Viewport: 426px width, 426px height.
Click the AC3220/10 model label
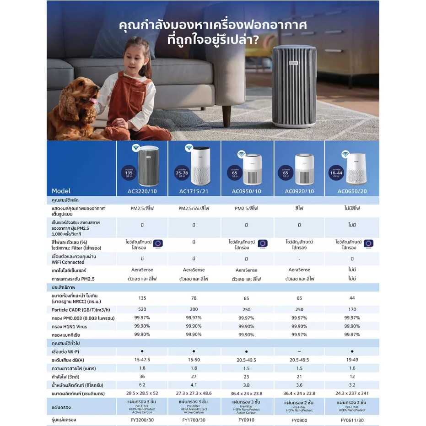[x=141, y=191]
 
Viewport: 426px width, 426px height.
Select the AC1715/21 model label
[x=194, y=191]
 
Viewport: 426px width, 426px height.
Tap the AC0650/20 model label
[x=352, y=191]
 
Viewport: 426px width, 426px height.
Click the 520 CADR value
[x=142, y=309]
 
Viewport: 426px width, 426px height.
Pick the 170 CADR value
[x=352, y=309]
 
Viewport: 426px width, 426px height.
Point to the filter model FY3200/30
[x=142, y=420]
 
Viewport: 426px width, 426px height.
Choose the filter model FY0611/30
[x=352, y=420]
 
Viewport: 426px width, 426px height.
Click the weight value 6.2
[x=142, y=385]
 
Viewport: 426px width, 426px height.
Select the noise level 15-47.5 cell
[x=142, y=360]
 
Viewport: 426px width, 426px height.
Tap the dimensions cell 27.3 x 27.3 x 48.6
[x=194, y=394]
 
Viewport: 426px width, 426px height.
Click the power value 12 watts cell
[x=352, y=377]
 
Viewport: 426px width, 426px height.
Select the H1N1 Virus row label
[x=69, y=327]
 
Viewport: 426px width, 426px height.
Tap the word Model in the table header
[x=61, y=191]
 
